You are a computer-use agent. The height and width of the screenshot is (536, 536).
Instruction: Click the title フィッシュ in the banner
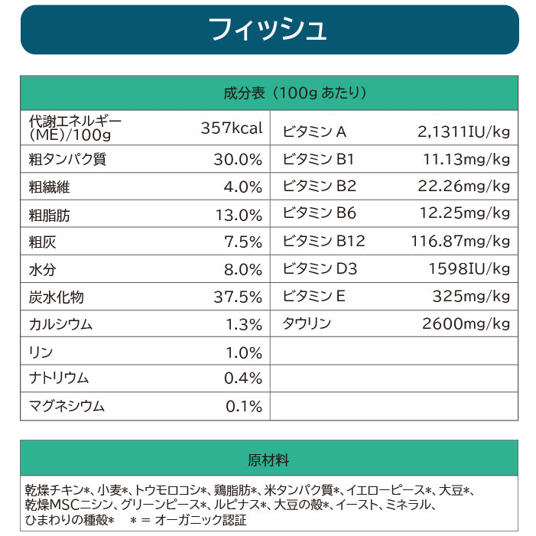click(268, 29)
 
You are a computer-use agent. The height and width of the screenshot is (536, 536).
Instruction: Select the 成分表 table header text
click(295, 93)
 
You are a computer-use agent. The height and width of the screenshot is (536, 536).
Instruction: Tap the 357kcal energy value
click(232, 128)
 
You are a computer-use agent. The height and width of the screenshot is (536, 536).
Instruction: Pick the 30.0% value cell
click(238, 160)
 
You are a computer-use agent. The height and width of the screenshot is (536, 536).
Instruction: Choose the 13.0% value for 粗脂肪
click(239, 215)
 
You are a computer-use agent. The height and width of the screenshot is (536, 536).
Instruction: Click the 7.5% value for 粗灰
click(243, 242)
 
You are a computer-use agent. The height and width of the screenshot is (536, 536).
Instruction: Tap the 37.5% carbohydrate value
click(238, 297)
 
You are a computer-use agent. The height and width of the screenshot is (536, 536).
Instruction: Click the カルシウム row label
click(60, 324)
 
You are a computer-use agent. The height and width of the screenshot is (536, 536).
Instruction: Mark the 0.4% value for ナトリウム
click(243, 378)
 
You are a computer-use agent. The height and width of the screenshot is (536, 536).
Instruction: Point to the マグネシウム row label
click(66, 405)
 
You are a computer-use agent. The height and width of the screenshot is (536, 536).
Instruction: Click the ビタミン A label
click(314, 132)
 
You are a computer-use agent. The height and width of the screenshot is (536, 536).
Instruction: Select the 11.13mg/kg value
click(466, 159)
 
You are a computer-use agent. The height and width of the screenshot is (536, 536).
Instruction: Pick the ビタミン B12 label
click(323, 242)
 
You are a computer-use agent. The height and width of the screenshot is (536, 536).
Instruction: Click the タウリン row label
click(307, 323)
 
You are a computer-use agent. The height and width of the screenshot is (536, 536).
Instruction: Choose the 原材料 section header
click(268, 460)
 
